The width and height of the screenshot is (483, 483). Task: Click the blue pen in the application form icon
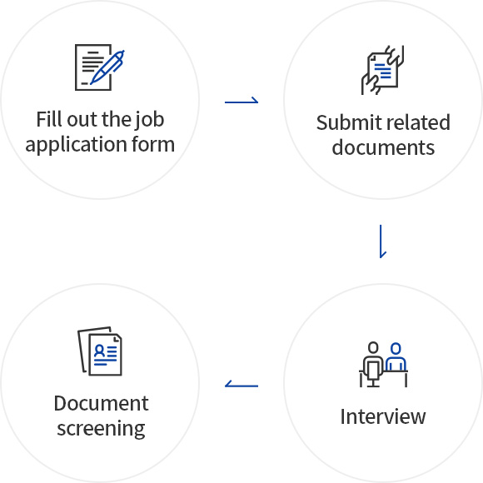[107, 67]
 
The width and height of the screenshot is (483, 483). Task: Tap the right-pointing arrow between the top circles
[242, 101]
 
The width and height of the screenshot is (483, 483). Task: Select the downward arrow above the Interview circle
[381, 242]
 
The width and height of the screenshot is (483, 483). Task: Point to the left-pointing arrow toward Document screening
[242, 385]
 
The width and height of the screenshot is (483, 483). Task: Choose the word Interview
[383, 416]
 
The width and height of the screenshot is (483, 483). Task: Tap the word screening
[101, 429]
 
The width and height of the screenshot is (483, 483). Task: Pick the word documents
[383, 147]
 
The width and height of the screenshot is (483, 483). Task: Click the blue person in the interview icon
[396, 356]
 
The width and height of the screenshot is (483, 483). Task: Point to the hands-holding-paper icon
[382, 70]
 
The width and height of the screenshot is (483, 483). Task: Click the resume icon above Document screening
[100, 351]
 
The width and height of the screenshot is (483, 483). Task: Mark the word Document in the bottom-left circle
[101, 403]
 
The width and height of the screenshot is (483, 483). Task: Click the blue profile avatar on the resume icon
[99, 351]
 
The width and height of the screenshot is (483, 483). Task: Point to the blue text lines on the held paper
[382, 71]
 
